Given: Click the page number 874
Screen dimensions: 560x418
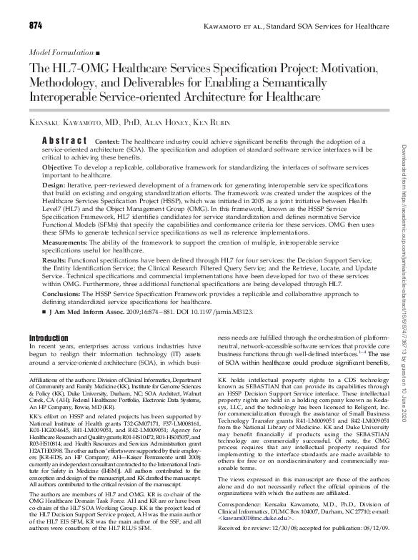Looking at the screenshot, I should pyautogui.click(x=36, y=26).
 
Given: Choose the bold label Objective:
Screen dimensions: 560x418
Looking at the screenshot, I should pyautogui.click(x=63, y=167).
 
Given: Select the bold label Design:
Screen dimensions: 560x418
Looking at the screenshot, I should pyautogui.click(x=57, y=185).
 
